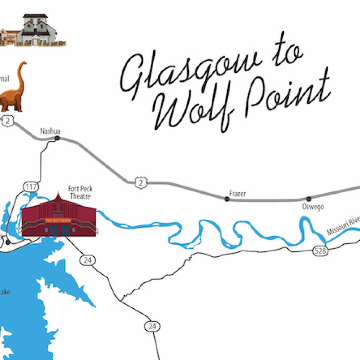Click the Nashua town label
(50, 131)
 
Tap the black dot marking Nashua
(57, 139)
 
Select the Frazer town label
(237, 193)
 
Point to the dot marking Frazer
(227, 199)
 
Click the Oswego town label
(313, 207)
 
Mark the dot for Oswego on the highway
(309, 199)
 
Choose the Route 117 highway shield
(31, 187)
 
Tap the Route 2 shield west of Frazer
(141, 182)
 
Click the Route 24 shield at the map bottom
(152, 326)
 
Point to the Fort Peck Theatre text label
(81, 192)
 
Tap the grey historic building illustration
(36, 31)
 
